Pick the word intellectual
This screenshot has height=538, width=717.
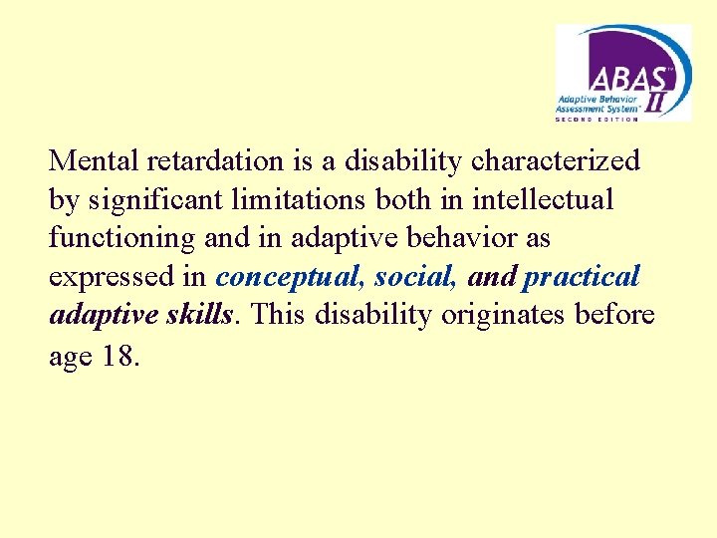coord(543,199)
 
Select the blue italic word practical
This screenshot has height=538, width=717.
coord(582,277)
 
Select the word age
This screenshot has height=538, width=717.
coord(70,357)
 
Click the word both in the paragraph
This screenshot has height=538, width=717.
coord(403,199)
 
